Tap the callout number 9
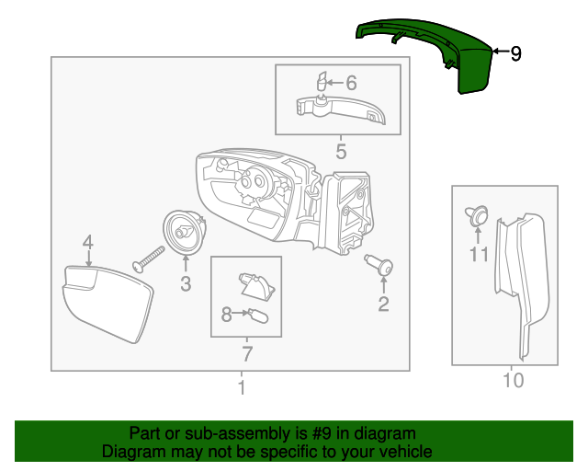516,53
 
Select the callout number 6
351,83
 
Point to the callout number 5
341,152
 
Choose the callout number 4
88,243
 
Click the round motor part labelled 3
184,233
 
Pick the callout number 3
186,283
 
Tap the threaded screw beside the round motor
149,259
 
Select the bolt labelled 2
379,264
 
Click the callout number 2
383,304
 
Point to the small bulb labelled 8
258,316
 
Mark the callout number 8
226,315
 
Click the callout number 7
247,354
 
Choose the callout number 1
242,387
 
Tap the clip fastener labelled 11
477,215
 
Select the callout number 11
479,254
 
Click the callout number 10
513,381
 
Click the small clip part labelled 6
322,81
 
